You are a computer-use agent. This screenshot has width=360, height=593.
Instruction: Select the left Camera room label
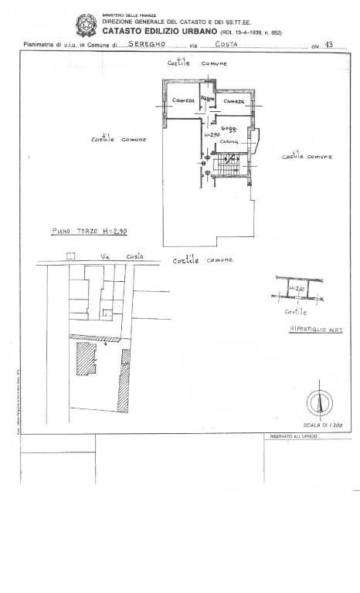(x=183, y=101)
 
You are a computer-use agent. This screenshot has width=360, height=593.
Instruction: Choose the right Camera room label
(x=234, y=101)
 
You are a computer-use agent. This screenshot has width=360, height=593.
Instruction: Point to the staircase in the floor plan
(x=229, y=164)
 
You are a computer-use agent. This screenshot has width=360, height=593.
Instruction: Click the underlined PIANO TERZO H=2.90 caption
(x=85, y=231)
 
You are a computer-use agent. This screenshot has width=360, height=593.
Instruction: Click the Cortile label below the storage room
(x=295, y=312)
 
